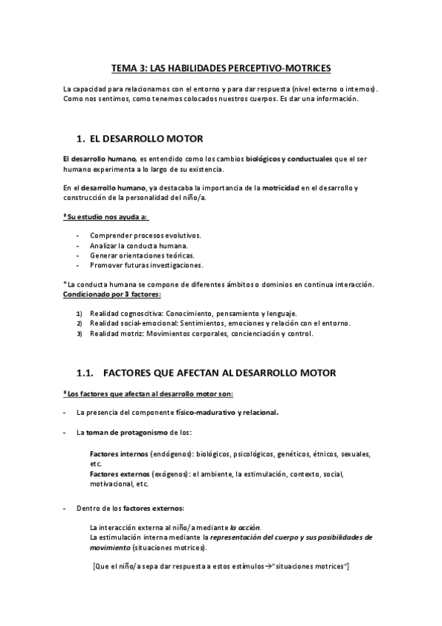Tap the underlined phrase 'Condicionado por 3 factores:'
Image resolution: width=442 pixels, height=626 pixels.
pos(111,294)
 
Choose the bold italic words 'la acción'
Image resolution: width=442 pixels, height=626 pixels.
pos(245,527)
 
